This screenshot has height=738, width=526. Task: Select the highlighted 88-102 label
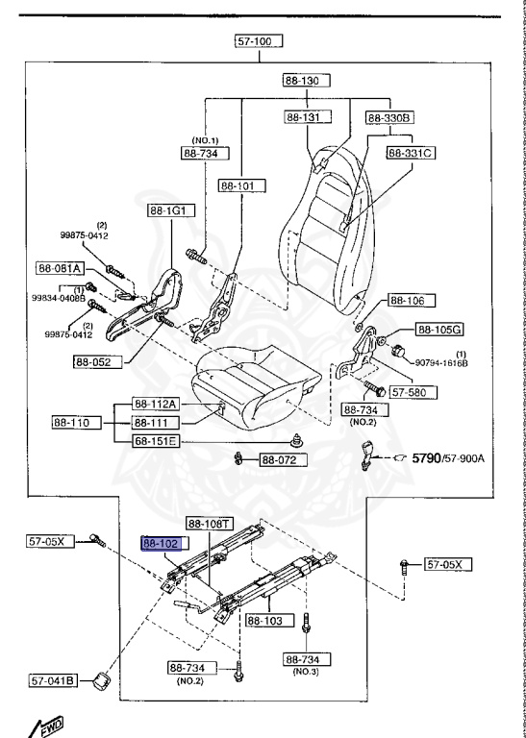tap(162, 543)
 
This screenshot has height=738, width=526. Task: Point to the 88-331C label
tap(412, 153)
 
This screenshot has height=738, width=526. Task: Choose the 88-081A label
tap(61, 268)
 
